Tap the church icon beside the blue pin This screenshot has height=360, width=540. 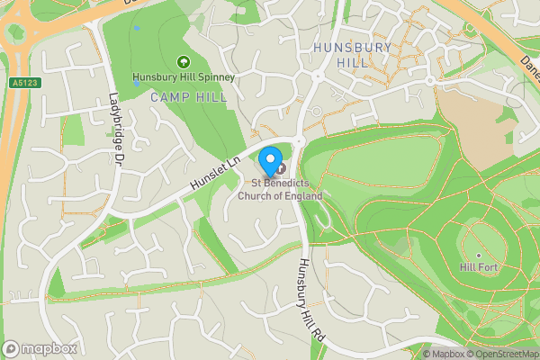coord(280,167)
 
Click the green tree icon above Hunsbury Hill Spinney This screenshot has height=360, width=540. coord(183,62)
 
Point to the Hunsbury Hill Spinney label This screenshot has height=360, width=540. coord(183,77)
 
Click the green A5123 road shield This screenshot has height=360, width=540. coord(25,83)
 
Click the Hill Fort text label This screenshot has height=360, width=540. coord(479,268)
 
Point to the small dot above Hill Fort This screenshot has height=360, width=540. coord(479,256)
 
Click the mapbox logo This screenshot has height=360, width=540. coord(40,348)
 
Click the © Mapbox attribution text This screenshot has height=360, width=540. coord(443,354)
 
